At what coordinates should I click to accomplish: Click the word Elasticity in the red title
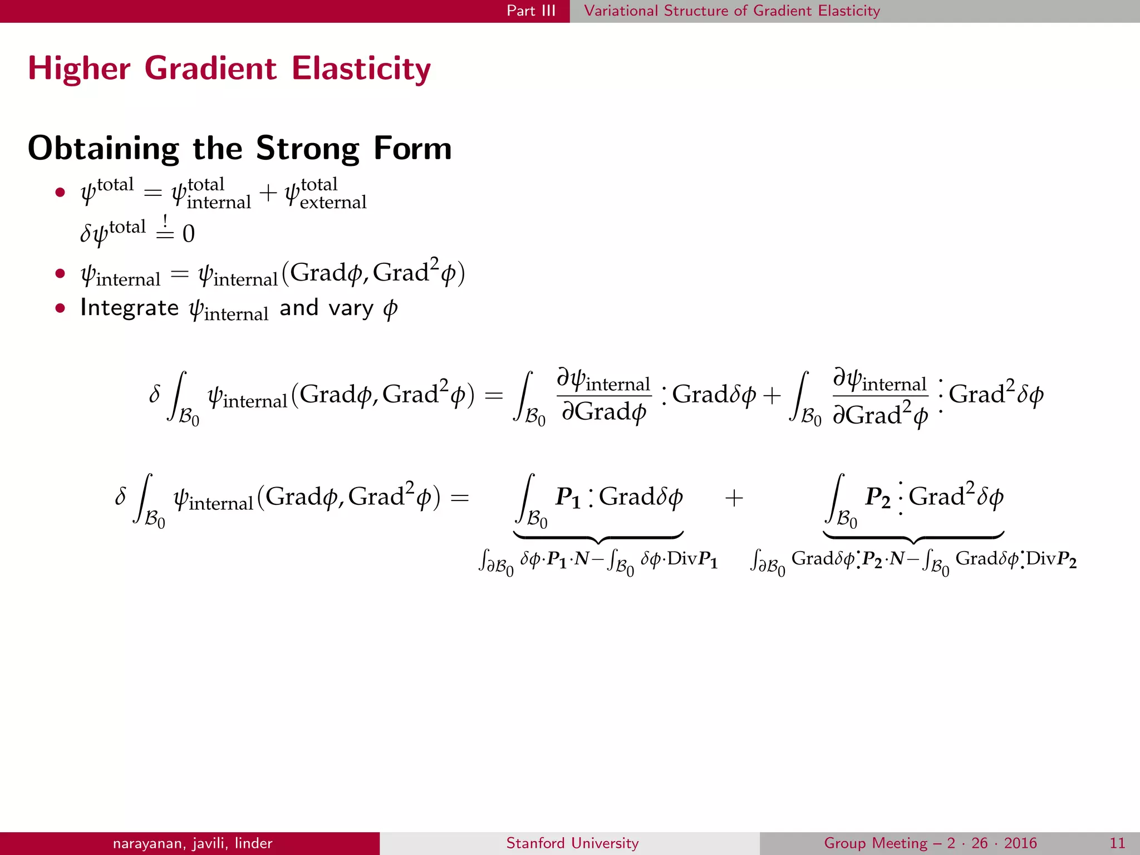click(361, 69)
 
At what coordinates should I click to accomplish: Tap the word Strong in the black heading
click(308, 149)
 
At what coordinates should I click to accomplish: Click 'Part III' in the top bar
click(530, 11)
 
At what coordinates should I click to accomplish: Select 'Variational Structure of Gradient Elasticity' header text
click(732, 11)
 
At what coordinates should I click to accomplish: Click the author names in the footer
click(193, 843)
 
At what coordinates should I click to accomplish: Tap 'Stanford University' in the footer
click(572, 843)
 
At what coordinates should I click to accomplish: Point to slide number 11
click(1117, 843)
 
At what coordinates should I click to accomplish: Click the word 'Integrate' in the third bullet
click(129, 308)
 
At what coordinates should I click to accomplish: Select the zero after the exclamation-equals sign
click(189, 234)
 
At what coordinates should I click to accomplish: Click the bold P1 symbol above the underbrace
click(568, 497)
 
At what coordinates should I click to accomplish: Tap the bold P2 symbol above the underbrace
click(877, 497)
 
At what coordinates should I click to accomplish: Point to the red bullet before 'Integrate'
click(60, 308)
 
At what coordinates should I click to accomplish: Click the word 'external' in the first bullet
click(333, 203)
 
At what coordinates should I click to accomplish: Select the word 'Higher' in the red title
click(79, 69)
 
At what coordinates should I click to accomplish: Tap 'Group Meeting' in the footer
click(876, 843)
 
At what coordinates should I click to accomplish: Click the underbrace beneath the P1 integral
click(598, 538)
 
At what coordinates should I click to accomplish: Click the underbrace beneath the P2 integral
click(913, 538)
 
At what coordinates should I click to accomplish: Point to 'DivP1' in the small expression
click(692, 558)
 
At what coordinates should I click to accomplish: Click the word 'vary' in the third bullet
click(351, 308)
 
